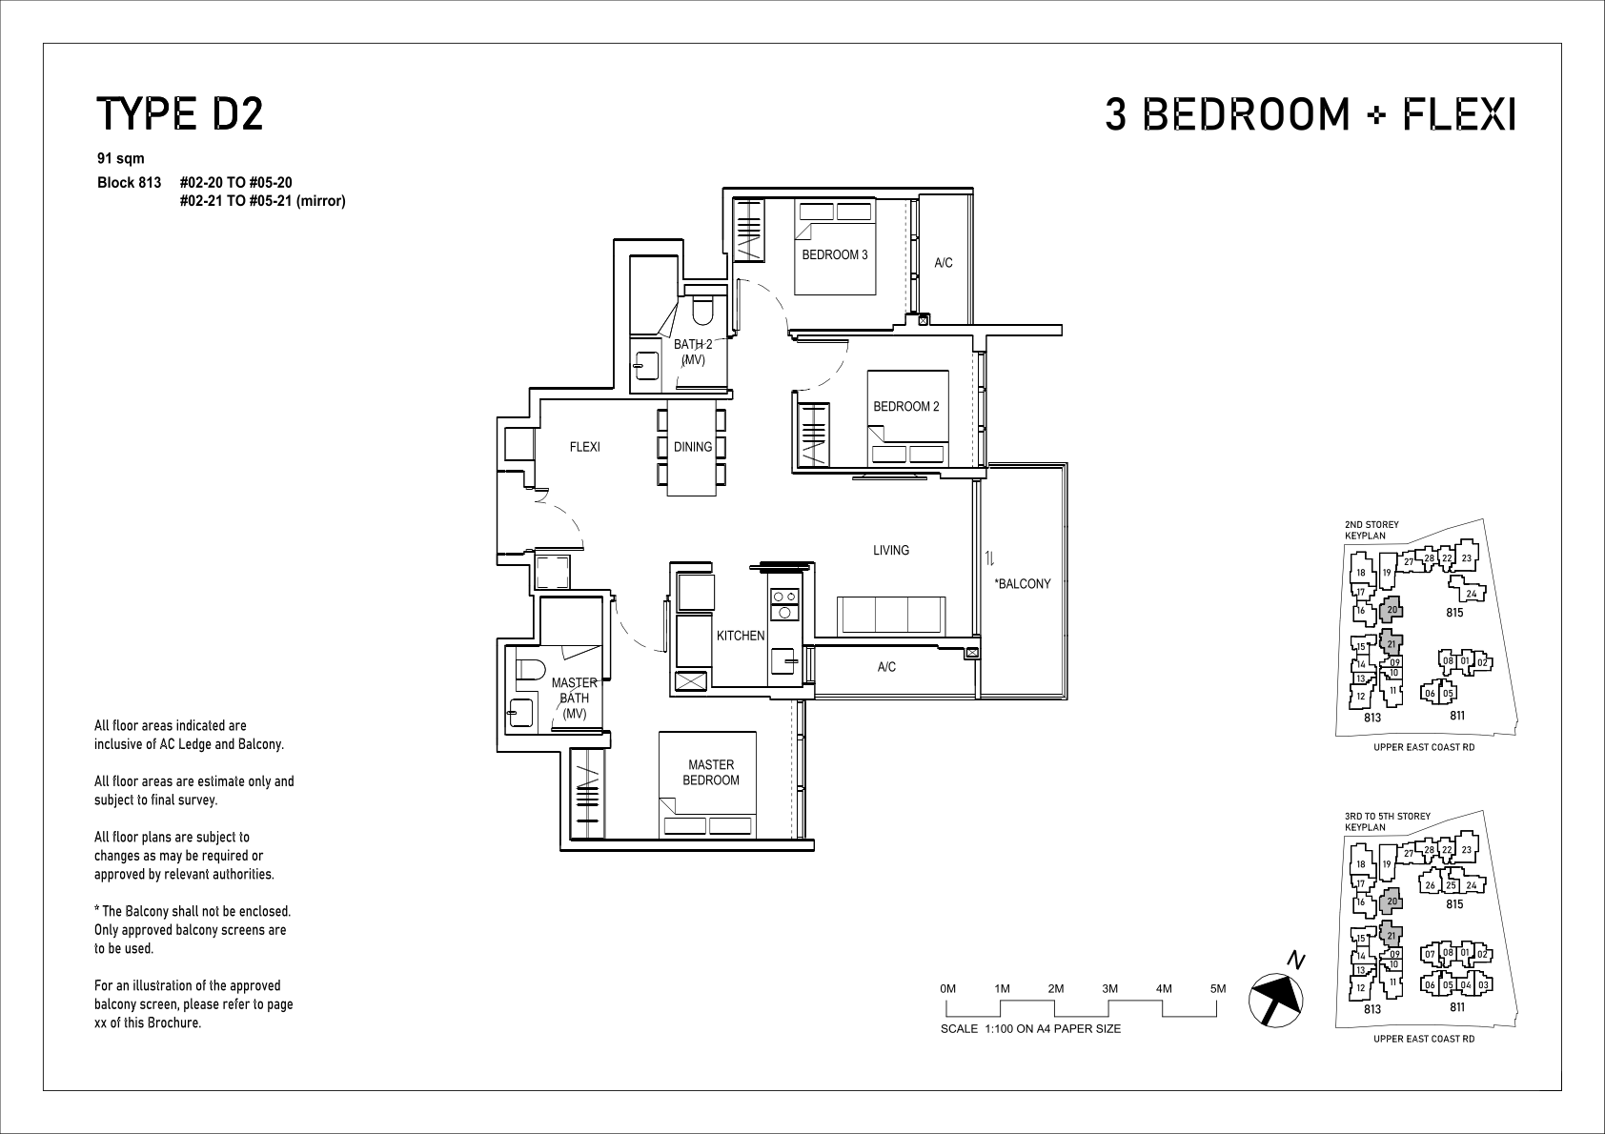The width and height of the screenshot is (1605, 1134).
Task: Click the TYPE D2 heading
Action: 180,114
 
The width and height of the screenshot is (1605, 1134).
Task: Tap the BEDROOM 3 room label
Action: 835,254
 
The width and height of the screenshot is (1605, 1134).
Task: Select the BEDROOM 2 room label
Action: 905,406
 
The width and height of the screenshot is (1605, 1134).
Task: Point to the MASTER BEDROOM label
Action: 711,772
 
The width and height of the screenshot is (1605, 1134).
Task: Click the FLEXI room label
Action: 584,447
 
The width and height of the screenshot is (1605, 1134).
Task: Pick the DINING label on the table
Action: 693,447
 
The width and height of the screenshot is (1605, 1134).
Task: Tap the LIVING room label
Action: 890,550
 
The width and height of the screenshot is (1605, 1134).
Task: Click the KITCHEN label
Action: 741,636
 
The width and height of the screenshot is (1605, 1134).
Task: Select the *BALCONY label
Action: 1022,584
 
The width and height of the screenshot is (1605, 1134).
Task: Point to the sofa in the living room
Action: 890,616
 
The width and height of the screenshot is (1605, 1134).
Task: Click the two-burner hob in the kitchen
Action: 784,604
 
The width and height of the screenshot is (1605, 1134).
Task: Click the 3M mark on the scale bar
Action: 1110,988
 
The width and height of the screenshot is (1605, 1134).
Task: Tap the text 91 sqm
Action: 121,158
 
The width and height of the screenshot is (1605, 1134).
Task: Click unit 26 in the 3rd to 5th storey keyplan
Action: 1430,884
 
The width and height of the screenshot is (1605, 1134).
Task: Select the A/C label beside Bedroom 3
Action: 943,263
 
